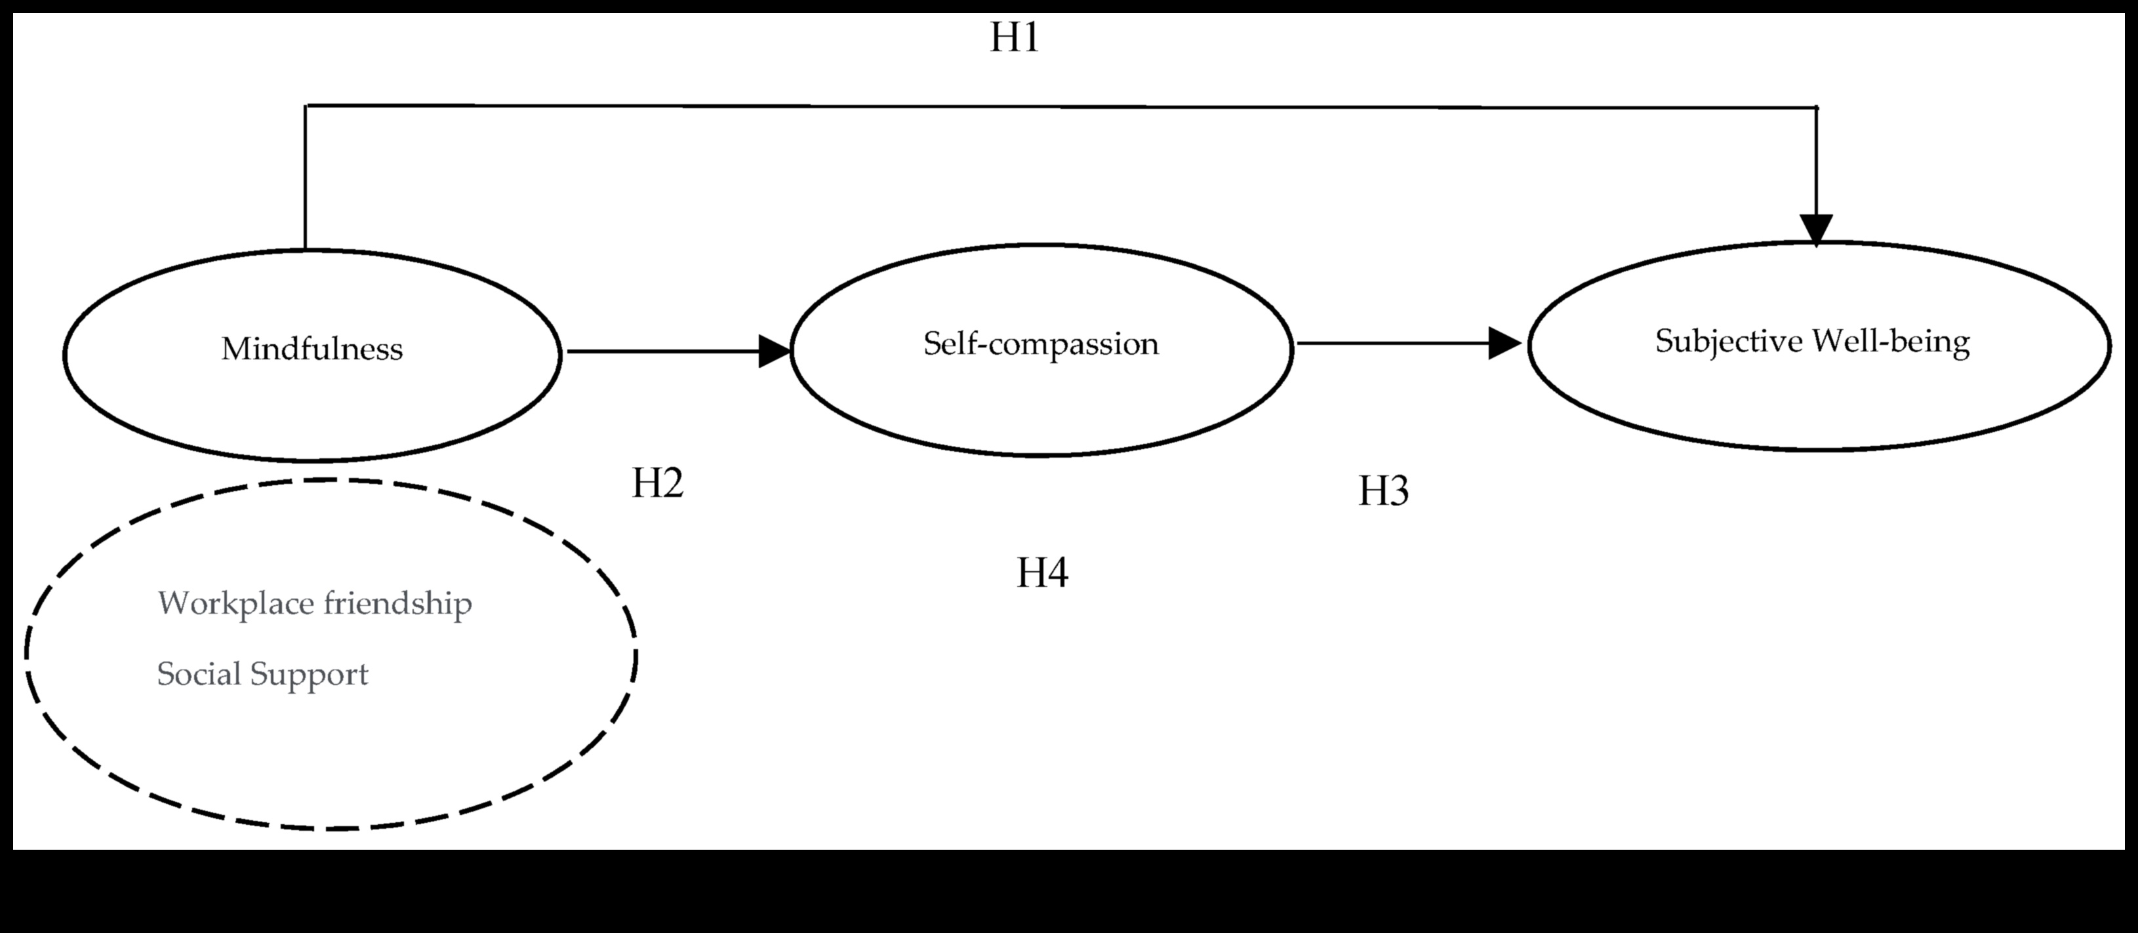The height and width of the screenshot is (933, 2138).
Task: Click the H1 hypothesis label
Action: tap(1014, 38)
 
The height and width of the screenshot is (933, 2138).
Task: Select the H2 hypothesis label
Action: tap(657, 483)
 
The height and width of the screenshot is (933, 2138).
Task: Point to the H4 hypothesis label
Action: tap(1043, 573)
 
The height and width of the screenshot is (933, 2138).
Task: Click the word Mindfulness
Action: tap(312, 349)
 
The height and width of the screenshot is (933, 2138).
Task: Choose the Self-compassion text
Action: tap(1041, 344)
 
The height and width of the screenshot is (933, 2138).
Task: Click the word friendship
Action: tap(397, 603)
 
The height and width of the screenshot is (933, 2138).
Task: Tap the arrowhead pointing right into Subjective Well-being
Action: tap(1504, 343)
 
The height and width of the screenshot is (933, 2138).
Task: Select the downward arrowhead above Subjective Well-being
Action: tap(1816, 228)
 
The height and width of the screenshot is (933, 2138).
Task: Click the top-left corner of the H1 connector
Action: tap(306, 106)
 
